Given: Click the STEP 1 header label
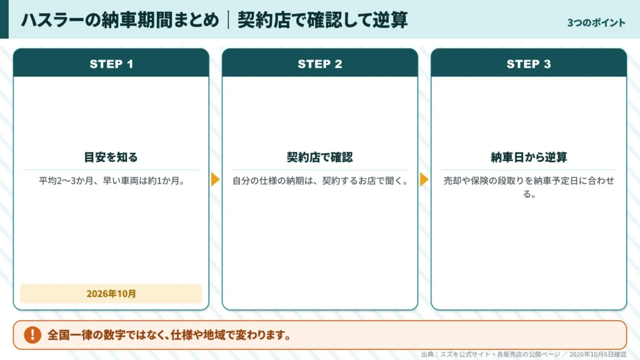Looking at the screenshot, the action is click(x=111, y=64).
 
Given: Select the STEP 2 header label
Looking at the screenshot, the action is click(x=320, y=64).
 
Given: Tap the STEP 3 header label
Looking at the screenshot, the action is click(x=529, y=64).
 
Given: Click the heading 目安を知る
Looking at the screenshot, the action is click(x=111, y=157).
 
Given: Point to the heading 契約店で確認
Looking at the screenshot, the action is click(x=320, y=157).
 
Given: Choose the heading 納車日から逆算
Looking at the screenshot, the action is click(x=529, y=157).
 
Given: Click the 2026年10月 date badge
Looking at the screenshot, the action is click(x=111, y=294).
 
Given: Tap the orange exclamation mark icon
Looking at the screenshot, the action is click(x=32, y=335).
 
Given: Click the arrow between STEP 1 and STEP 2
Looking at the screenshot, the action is click(x=216, y=179).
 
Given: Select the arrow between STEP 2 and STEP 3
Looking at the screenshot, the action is click(x=424, y=179).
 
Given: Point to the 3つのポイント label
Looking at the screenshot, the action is click(x=596, y=23).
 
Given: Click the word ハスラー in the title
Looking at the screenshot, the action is click(x=52, y=20).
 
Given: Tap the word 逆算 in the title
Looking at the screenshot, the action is click(x=390, y=20).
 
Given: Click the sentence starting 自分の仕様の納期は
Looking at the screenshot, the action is click(x=320, y=181).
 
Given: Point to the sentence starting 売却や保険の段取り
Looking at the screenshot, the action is click(x=529, y=187).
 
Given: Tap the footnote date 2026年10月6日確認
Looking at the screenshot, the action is click(x=597, y=354).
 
